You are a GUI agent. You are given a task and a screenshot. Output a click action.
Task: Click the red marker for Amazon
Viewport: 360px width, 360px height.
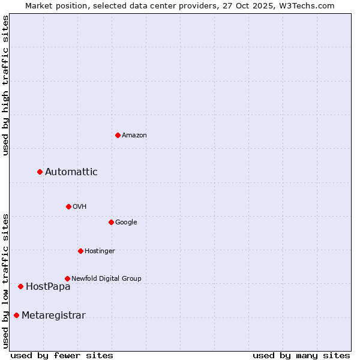coord(118,135)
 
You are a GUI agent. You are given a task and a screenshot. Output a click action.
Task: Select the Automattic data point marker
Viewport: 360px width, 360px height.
coord(40,172)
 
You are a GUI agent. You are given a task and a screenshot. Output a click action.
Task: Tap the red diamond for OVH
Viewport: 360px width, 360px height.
coord(68,206)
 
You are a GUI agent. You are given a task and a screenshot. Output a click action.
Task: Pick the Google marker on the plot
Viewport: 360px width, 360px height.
coord(111,222)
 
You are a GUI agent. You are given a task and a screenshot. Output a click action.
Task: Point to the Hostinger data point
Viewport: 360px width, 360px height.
coord(80,251)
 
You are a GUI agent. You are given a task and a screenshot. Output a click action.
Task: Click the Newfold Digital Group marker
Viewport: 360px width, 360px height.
coord(67,278)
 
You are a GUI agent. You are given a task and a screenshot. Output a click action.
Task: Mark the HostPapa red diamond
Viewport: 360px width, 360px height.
coord(20,287)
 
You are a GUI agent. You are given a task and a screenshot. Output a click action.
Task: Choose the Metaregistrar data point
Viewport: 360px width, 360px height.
coord(16,316)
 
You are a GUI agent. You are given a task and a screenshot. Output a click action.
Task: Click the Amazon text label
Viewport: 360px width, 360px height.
coord(134,136)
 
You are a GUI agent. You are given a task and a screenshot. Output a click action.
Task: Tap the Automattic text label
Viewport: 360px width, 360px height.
coord(71,172)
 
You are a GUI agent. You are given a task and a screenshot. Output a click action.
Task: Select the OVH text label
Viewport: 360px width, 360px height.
coord(80,207)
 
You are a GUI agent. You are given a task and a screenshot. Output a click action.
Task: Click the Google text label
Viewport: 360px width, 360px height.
coord(126,223)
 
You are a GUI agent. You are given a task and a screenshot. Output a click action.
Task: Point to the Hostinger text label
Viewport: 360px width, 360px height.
coord(100,251)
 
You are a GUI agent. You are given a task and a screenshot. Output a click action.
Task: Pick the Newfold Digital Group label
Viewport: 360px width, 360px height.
coord(106,279)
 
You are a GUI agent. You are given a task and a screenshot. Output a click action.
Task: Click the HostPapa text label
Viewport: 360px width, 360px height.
coord(48,287)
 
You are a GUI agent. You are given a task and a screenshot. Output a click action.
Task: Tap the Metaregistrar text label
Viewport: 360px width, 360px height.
coord(53,316)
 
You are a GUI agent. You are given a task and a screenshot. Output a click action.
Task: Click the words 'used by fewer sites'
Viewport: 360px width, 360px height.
coord(62,355)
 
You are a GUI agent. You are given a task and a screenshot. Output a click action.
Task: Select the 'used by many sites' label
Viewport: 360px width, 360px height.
coord(301,355)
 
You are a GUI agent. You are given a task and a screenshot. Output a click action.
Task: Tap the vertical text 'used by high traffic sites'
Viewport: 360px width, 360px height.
coord(5,85)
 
